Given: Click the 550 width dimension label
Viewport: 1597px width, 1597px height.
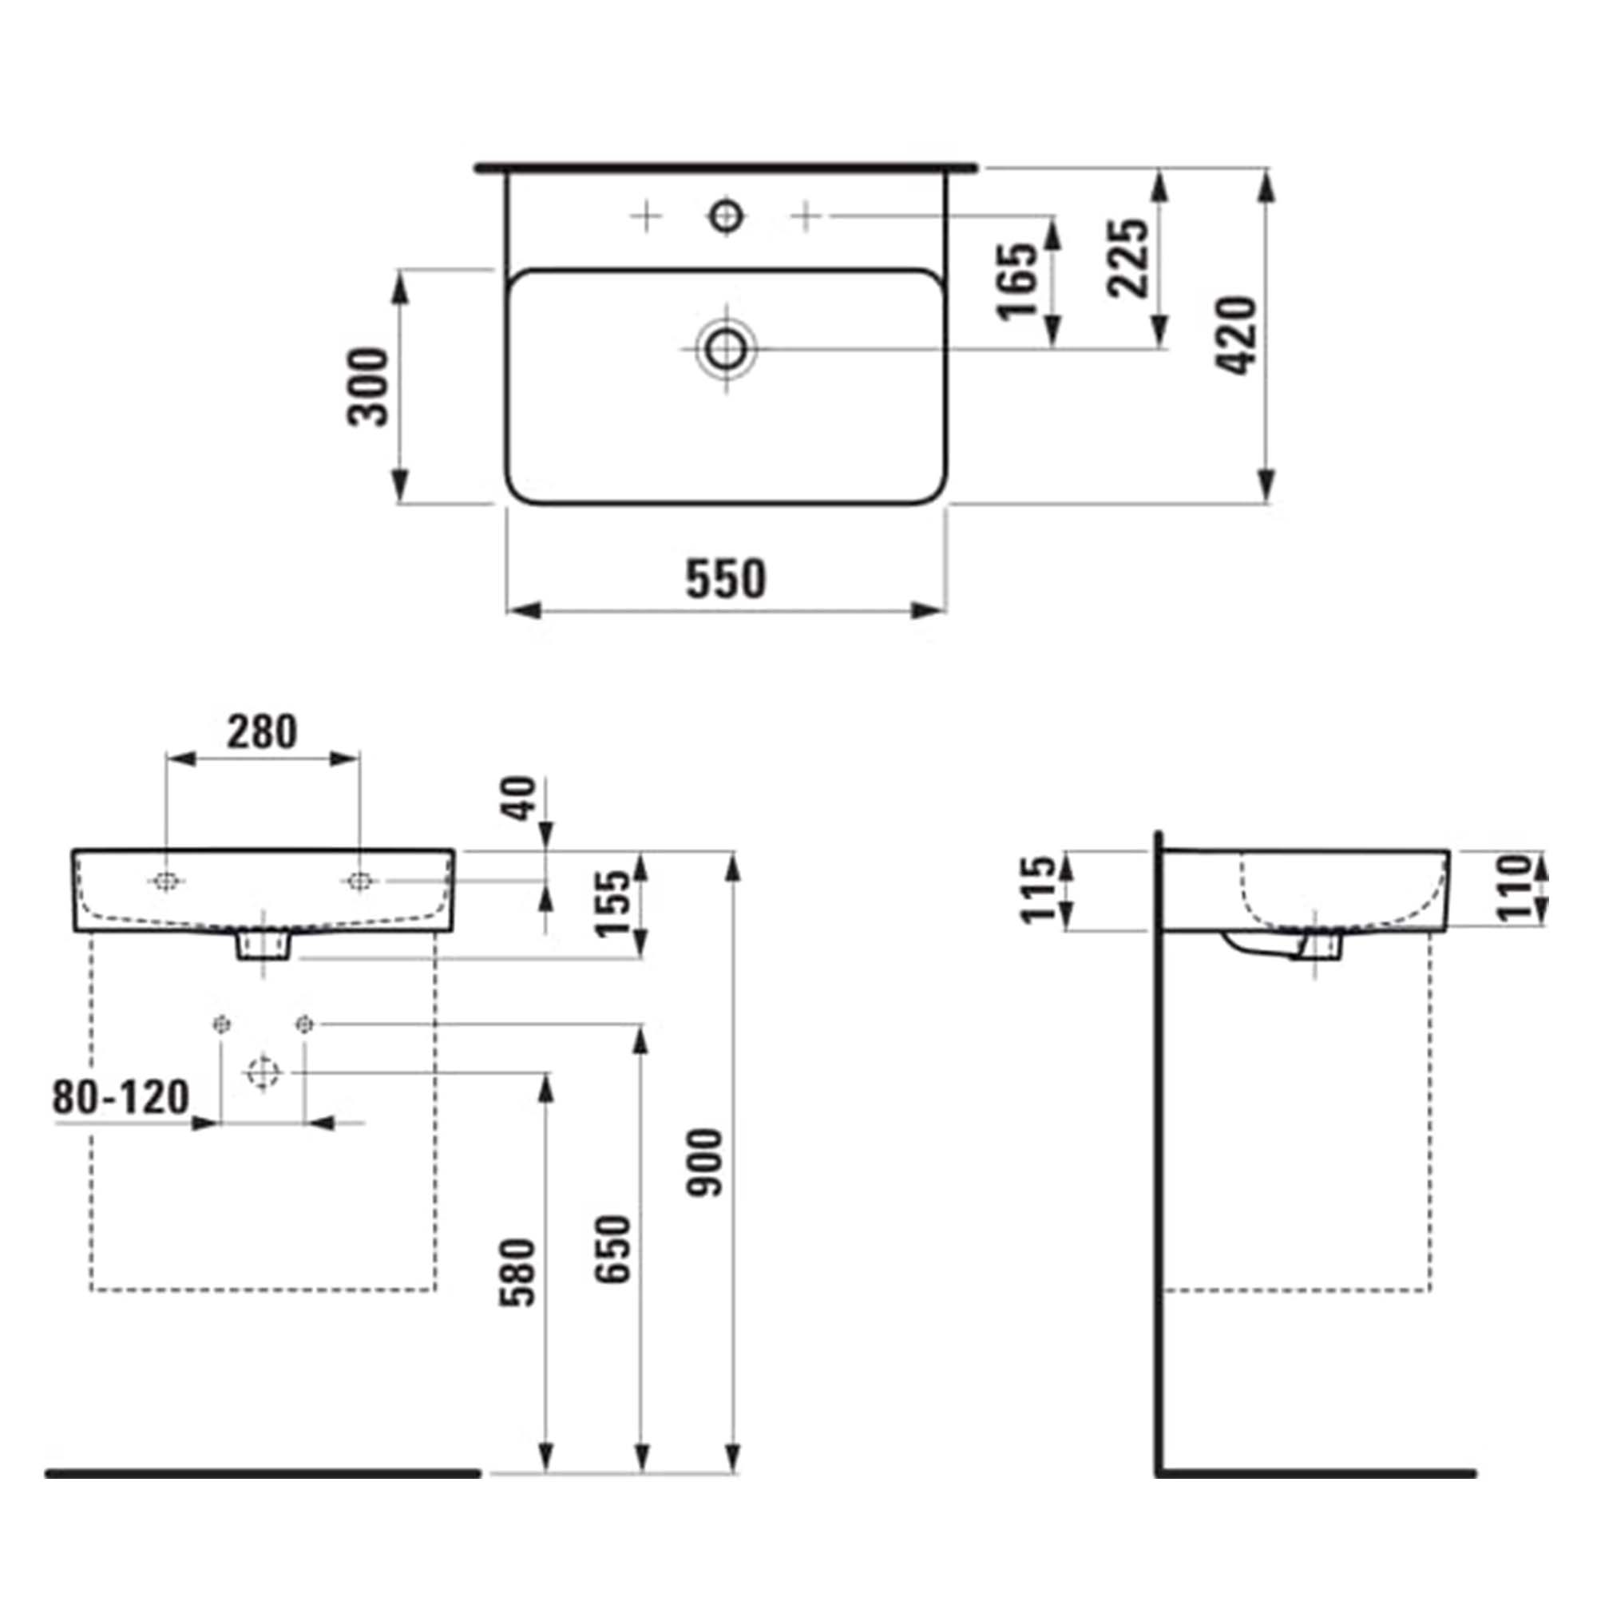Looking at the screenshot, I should click(726, 580).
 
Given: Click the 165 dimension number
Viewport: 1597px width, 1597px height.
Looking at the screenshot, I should click(1017, 281).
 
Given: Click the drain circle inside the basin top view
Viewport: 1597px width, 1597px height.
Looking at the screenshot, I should click(727, 349).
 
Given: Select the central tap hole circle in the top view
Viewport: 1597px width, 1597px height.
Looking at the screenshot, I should click(727, 216).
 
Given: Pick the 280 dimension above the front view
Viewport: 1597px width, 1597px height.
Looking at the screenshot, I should click(262, 732).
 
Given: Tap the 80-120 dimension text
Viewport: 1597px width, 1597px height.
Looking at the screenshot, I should click(121, 1098).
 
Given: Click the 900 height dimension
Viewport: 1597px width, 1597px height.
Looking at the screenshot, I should click(707, 1163).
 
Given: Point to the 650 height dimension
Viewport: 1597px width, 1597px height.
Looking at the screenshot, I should click(614, 1249).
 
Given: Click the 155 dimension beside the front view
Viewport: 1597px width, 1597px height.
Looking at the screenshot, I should click(614, 903).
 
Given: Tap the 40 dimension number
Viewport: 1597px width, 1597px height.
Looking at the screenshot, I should click(521, 798).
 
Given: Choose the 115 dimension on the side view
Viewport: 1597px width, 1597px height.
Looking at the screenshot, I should click(1039, 890).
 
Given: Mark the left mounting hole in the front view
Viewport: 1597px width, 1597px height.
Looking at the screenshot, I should click(166, 882).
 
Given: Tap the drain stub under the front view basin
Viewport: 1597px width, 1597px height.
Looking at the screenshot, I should click(264, 945).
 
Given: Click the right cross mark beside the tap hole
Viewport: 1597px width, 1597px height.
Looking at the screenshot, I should click(806, 216).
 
